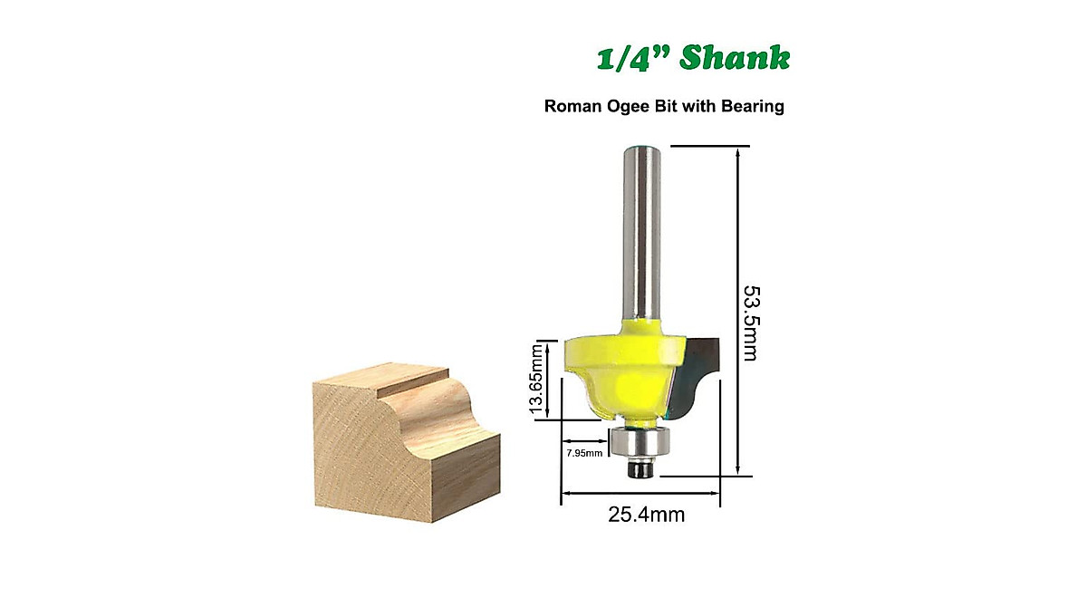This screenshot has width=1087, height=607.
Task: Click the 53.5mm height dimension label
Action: (x=750, y=323)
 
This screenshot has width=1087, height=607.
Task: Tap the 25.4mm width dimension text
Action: (x=646, y=516)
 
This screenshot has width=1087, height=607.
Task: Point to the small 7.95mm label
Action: (x=583, y=453)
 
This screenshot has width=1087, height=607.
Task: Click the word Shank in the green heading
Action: (x=735, y=57)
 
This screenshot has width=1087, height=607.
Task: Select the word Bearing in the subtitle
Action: (x=752, y=106)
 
